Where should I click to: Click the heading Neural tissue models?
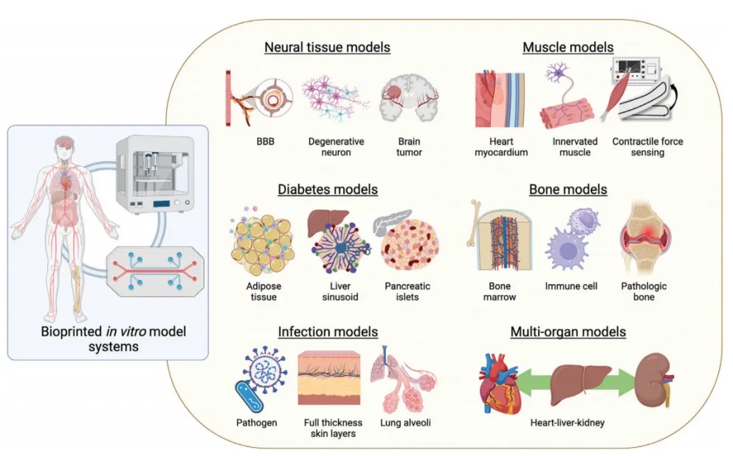[x=327, y=48]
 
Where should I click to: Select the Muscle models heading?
[x=568, y=48]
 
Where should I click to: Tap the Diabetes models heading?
[x=328, y=190]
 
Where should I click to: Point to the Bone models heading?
[x=568, y=190]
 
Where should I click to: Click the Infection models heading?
[x=328, y=331]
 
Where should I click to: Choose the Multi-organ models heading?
[x=568, y=332]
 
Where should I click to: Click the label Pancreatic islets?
[x=407, y=291]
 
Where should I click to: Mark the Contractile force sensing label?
[x=638, y=148]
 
